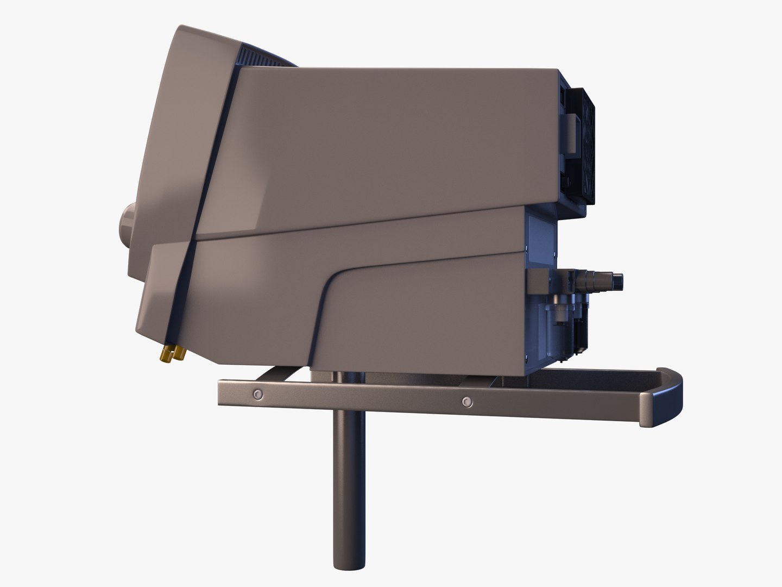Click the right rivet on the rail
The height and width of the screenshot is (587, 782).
465,402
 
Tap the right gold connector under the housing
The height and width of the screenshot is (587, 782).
177,354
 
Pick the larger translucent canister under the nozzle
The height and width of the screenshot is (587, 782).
559,326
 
